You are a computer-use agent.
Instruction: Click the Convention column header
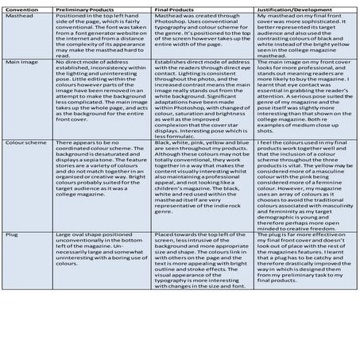(20, 6)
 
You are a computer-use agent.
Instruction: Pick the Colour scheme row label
(22, 143)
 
